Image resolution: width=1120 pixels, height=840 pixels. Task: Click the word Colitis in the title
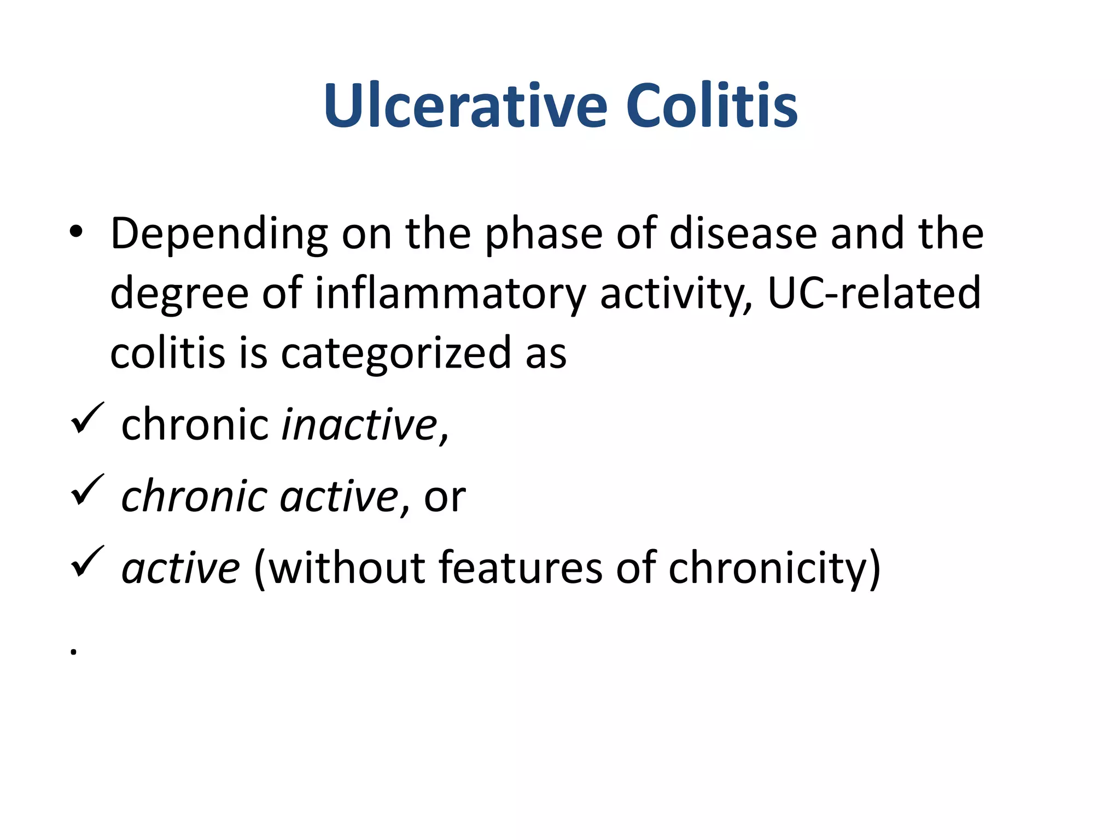tap(711, 106)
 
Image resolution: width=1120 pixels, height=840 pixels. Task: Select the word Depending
tap(219, 234)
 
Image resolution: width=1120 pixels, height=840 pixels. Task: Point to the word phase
tap(544, 234)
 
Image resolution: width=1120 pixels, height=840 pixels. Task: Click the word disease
tap(744, 234)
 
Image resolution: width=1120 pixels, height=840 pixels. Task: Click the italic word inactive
tap(359, 425)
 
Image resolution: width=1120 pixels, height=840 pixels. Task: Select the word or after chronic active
tap(445, 497)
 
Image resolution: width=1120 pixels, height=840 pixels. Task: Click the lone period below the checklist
tap(73, 651)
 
